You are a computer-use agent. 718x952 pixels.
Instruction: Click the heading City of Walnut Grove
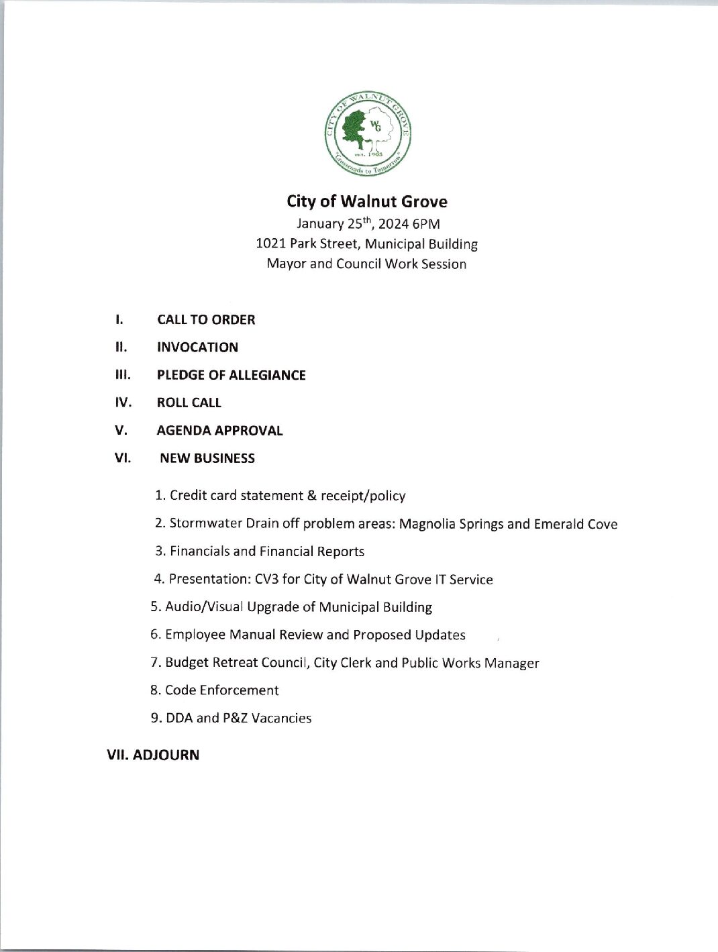[366, 201]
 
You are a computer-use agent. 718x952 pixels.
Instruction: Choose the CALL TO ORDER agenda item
[206, 319]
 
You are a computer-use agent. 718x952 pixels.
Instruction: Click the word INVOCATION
[197, 348]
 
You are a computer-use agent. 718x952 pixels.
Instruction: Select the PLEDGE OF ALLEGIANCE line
[231, 375]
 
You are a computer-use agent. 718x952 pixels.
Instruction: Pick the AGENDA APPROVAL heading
[219, 431]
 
